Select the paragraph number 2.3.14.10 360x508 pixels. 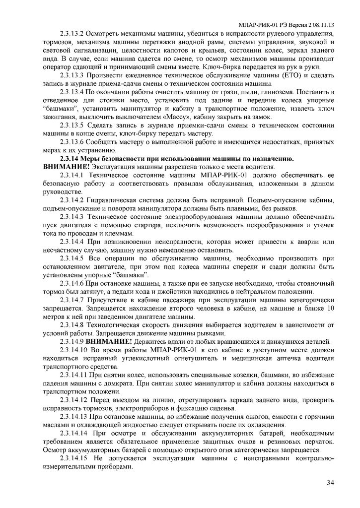[x=75, y=350]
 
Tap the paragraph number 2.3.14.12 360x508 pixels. [x=75, y=400]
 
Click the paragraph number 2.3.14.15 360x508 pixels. [x=75, y=458]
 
